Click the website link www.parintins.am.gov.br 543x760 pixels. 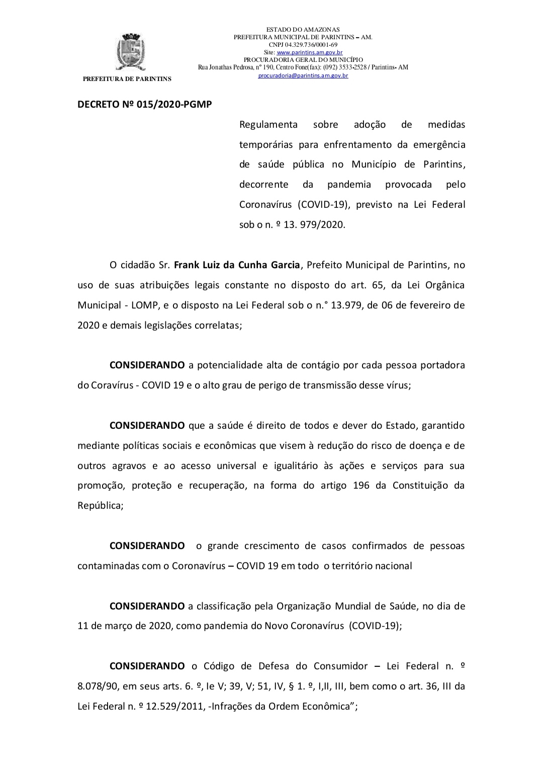[310, 52]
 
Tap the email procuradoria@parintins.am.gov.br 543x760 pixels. [303, 75]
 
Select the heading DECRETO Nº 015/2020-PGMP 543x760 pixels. [144, 105]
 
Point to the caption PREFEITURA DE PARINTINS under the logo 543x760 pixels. [127, 79]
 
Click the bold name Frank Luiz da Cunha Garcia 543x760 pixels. [237, 265]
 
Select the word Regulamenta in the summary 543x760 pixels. [268, 124]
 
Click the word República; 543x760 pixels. [100, 506]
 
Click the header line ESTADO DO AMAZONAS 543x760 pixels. [303, 30]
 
